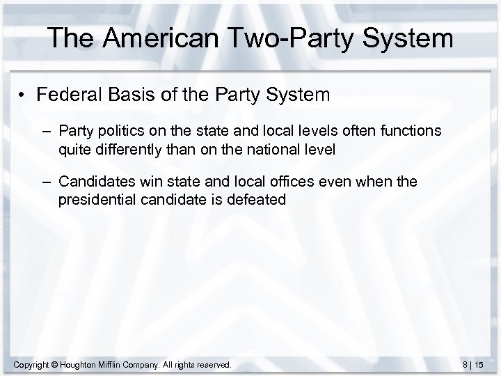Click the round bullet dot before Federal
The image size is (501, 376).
point(24,95)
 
